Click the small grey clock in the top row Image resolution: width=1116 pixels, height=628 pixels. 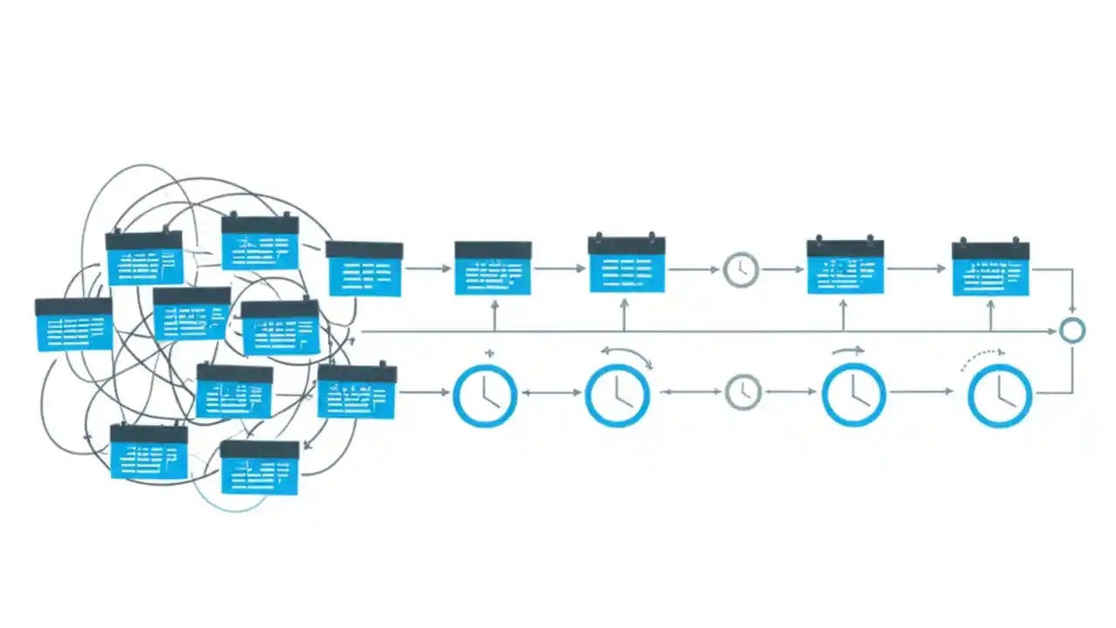[x=740, y=270]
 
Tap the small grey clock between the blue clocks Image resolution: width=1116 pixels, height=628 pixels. [x=743, y=392]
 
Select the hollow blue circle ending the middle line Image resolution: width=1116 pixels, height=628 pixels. [x=1072, y=331]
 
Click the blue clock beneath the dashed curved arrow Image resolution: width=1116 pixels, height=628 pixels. [x=999, y=395]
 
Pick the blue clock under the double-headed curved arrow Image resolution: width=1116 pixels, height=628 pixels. [x=617, y=395]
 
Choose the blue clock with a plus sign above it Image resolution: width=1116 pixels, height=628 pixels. [x=486, y=395]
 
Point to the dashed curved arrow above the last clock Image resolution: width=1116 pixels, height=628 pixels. [x=983, y=358]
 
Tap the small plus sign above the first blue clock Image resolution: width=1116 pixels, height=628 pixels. [x=489, y=354]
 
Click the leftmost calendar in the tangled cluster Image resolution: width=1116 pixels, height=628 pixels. [x=74, y=324]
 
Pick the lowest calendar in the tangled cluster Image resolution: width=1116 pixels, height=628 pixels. [x=260, y=467]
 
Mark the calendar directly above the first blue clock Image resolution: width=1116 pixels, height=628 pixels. [x=493, y=268]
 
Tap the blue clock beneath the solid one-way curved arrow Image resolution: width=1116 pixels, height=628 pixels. [x=854, y=395]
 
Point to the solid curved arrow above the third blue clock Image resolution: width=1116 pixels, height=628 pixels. [x=848, y=351]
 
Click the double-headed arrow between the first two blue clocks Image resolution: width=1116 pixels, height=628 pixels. [x=551, y=393]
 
